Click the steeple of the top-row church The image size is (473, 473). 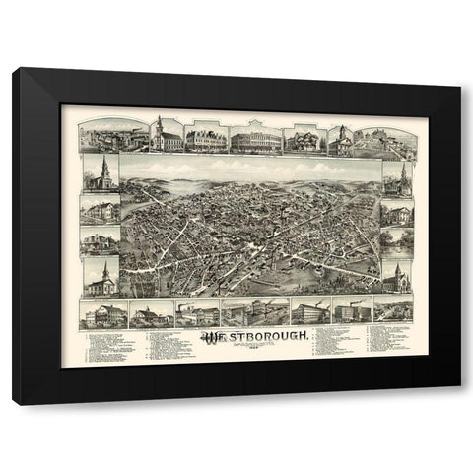point(157,124)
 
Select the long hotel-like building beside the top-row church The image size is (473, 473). point(206,138)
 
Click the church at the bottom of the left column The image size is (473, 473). point(101,277)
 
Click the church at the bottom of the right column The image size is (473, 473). point(396,278)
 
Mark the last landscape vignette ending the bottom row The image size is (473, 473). point(393,311)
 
